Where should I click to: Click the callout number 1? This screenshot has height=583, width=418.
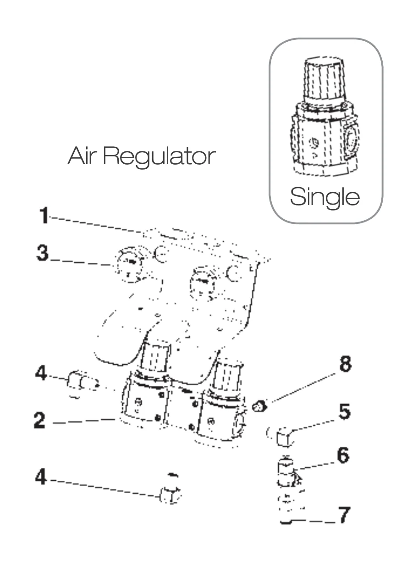pos(44,216)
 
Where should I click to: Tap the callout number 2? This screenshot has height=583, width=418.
pos(40,420)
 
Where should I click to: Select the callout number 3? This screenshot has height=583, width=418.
pos(43,253)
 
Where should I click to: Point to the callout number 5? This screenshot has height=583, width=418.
pos(344,412)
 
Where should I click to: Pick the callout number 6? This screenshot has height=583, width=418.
pos(343,456)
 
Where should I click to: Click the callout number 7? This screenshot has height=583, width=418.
pos(344,516)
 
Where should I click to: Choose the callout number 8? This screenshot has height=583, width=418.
pos(345,365)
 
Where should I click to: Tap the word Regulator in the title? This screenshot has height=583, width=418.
pos(159,157)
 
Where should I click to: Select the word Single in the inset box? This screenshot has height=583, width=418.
pos(325,197)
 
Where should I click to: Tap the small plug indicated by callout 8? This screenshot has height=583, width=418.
pos(260,406)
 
